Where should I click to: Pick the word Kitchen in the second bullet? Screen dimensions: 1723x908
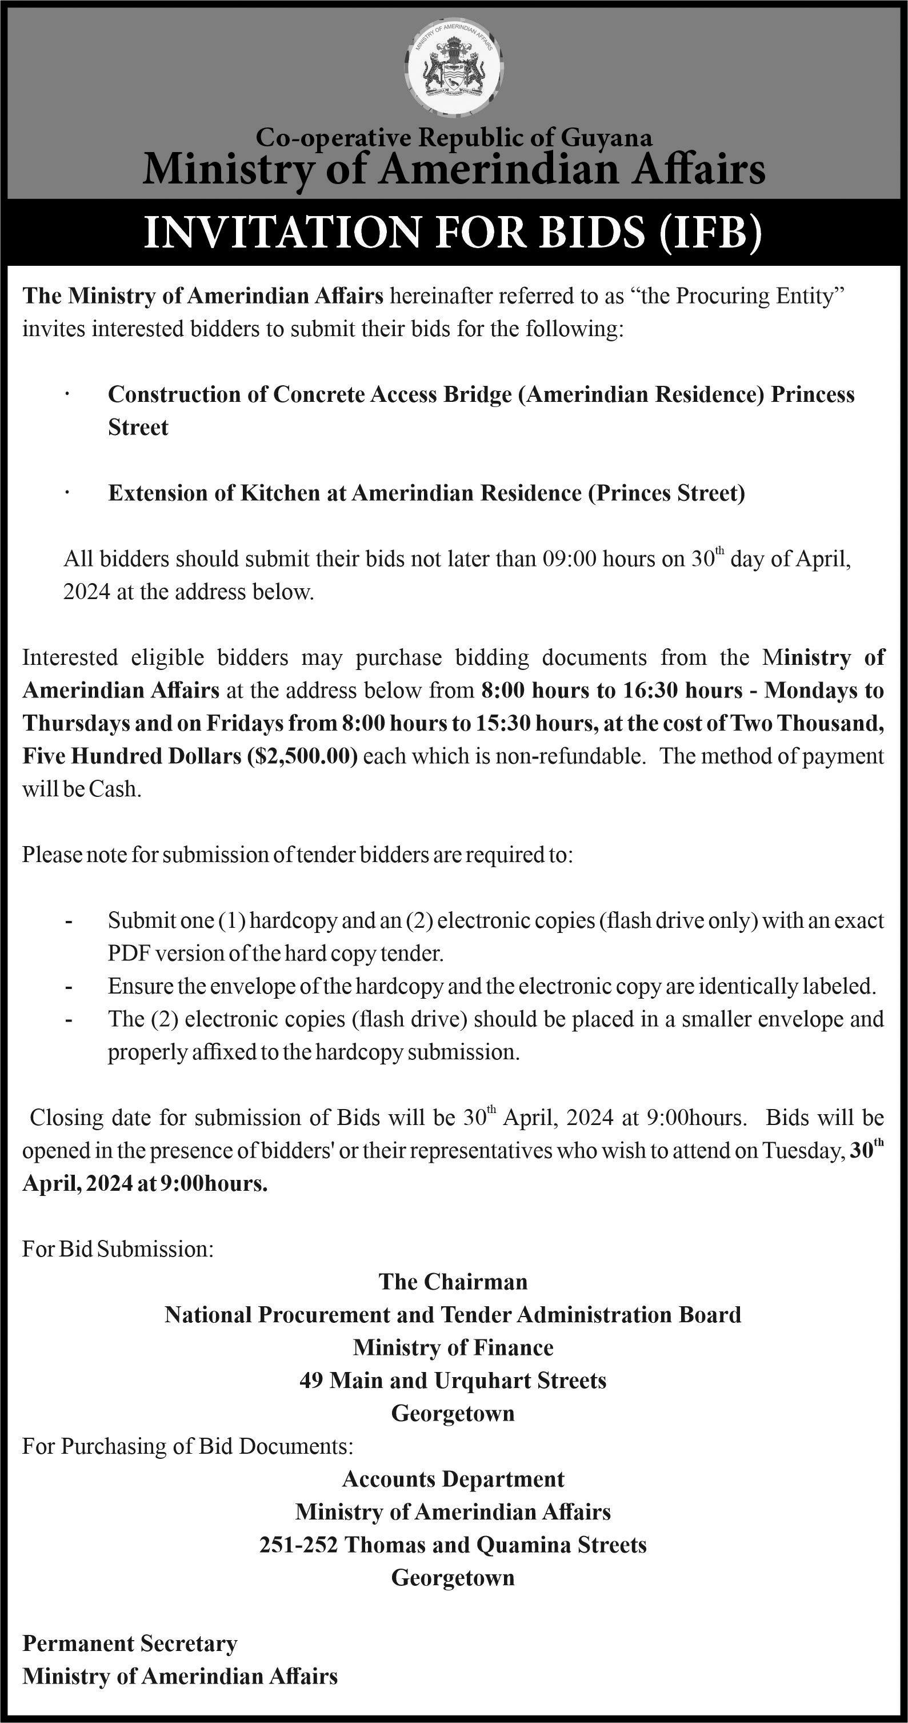tap(280, 493)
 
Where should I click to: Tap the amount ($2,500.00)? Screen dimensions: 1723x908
tap(302, 756)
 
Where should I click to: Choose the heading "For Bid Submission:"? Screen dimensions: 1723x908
tap(118, 1249)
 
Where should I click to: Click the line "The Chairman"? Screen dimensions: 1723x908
tap(453, 1282)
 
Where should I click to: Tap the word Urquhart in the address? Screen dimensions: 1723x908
tap(477, 1380)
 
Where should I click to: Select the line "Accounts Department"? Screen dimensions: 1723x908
tap(453, 1478)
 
